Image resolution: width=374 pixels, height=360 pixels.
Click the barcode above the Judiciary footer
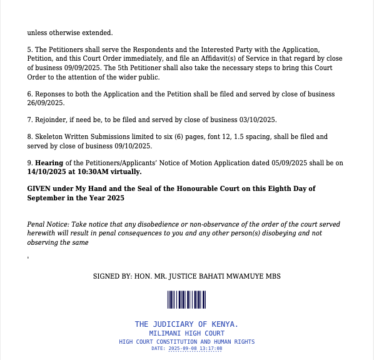[x=186, y=300]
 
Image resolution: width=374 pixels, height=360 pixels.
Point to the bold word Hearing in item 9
[x=49, y=163]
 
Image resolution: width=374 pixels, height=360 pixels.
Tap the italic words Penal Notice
[x=48, y=224]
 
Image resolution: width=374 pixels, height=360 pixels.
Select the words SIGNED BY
[x=111, y=275]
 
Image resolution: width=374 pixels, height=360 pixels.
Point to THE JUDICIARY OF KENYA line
[x=186, y=324]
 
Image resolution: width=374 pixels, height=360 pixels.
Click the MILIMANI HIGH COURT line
[x=186, y=333]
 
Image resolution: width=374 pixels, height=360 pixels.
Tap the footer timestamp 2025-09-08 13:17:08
[x=195, y=348]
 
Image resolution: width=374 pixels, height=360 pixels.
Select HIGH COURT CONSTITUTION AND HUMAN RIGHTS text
[x=186, y=341]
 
